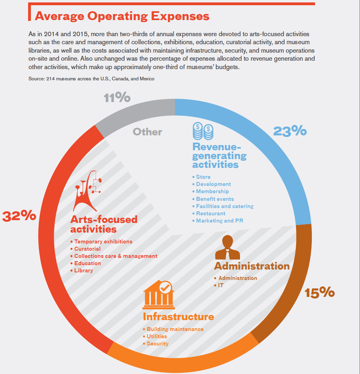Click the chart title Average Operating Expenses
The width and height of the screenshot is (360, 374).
[122, 16]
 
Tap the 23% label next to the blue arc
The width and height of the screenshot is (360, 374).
[290, 131]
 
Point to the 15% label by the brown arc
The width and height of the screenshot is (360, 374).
[319, 292]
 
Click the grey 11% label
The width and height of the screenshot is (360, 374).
[117, 98]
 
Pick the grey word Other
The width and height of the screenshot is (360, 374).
[148, 132]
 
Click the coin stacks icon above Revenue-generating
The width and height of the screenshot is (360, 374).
[203, 131]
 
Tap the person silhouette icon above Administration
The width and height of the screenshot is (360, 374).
[228, 247]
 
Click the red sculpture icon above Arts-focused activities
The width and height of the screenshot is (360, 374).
[88, 188]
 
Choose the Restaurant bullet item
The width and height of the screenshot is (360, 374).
[210, 213]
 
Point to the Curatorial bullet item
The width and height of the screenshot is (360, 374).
[87, 249]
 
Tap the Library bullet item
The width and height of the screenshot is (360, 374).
[83, 270]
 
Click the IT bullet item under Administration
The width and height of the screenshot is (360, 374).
[220, 285]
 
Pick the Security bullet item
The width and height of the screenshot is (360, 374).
[157, 343]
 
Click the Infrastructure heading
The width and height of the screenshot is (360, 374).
[178, 317]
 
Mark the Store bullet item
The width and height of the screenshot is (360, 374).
[203, 177]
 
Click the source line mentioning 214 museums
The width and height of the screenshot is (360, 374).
[92, 79]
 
